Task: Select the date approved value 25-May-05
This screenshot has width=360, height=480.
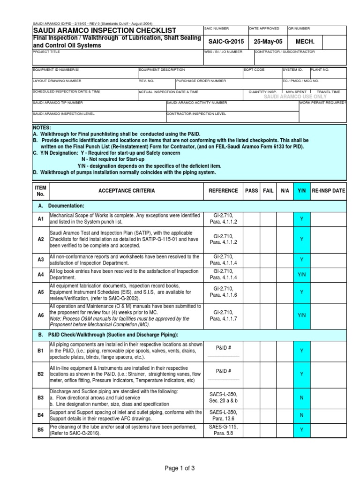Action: point(267,42)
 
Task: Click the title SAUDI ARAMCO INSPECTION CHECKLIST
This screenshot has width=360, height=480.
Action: point(104,30)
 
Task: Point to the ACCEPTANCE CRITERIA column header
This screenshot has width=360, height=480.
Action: point(127,191)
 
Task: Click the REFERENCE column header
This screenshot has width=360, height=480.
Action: point(223,191)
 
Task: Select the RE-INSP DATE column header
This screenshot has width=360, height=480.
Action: point(328,191)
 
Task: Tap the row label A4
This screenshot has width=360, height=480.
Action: point(40,274)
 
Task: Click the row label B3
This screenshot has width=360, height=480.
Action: point(40,398)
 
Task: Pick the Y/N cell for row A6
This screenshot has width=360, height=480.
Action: point(301,315)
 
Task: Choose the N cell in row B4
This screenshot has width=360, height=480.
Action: point(301,415)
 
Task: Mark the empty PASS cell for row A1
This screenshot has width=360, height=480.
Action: point(251,219)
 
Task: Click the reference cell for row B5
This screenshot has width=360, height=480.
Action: point(223,429)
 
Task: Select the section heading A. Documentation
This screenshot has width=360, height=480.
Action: point(61,206)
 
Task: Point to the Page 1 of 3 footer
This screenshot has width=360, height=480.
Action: point(180,468)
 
